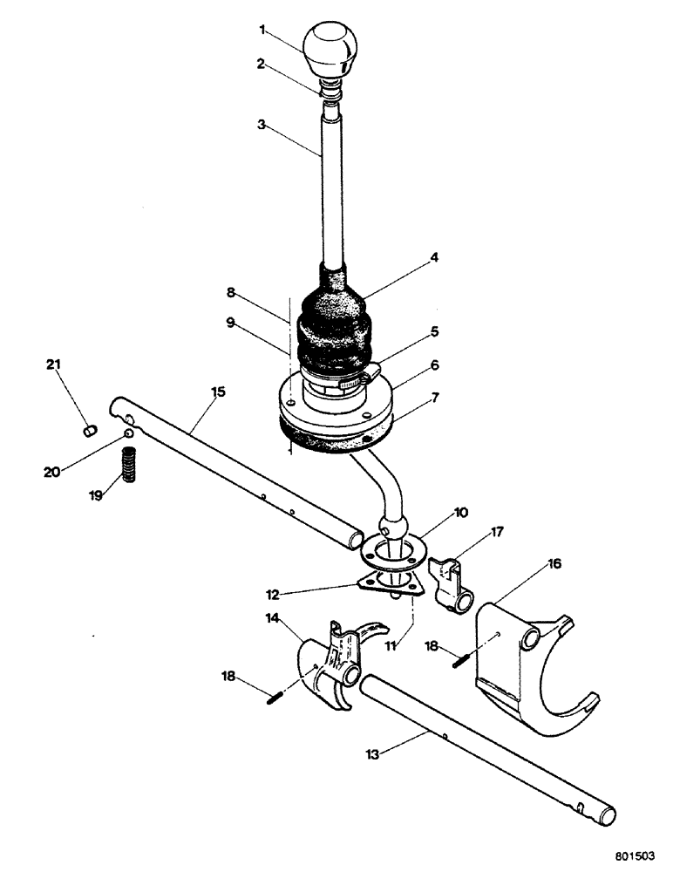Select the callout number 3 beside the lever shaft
point(261,126)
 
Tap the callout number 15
point(218,392)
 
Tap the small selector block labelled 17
point(453,584)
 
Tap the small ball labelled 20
point(128,433)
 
